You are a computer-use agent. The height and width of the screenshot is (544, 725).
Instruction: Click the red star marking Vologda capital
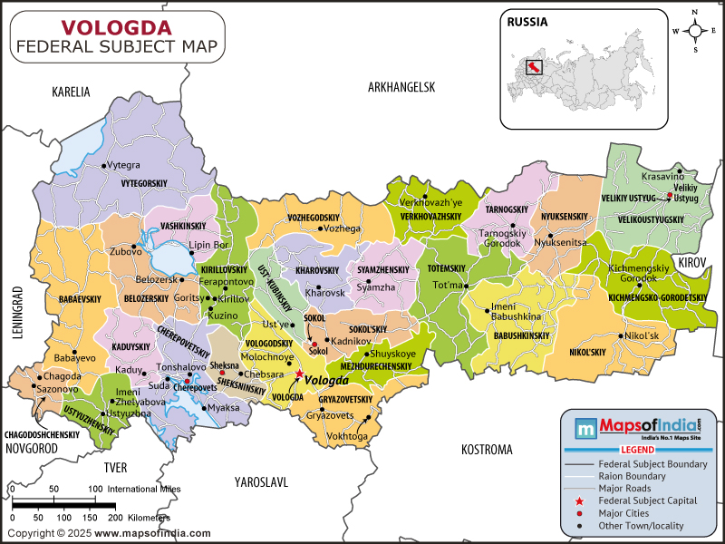299,373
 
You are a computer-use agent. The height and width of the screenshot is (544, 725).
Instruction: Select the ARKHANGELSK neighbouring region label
401,87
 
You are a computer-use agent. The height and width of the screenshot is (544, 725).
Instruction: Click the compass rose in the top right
696,30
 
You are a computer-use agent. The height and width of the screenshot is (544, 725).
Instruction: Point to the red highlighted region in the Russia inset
534,67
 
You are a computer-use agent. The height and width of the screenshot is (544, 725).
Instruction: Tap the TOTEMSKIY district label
446,269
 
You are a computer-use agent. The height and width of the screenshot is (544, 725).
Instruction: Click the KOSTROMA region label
487,450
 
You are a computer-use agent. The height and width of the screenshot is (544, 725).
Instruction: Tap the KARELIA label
72,92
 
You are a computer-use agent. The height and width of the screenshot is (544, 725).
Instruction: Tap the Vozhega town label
343,228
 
